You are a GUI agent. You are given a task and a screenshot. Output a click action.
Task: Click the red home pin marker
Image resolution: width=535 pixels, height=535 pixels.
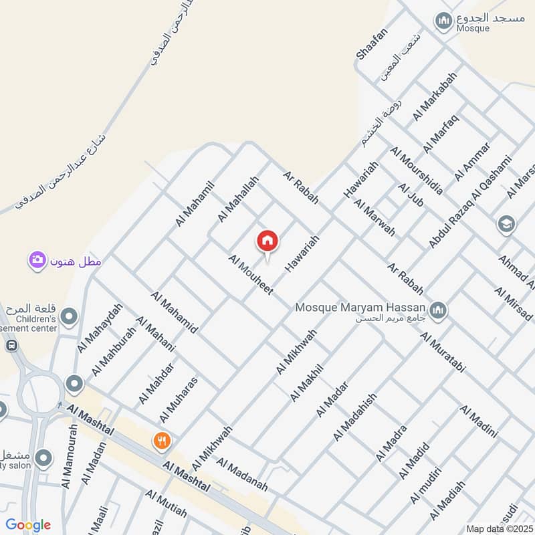[x=267, y=241]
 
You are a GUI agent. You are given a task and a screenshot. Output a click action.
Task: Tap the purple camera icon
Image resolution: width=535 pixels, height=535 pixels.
[x=37, y=259]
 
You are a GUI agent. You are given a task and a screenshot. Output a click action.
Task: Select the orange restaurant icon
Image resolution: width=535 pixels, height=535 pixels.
[x=161, y=441]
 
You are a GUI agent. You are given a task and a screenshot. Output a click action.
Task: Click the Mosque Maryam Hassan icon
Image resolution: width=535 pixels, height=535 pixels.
[x=438, y=309]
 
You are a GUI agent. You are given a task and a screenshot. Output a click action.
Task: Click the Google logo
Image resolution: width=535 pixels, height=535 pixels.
[x=27, y=525]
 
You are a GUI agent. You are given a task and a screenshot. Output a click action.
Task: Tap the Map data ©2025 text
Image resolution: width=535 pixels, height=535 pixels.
[x=500, y=528]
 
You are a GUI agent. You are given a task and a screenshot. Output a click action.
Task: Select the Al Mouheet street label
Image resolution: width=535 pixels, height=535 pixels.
[x=251, y=275]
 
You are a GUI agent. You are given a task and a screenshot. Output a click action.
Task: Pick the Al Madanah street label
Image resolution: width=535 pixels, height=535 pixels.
[x=242, y=475]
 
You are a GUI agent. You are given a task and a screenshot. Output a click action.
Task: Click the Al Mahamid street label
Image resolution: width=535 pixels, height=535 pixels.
[x=174, y=312]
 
